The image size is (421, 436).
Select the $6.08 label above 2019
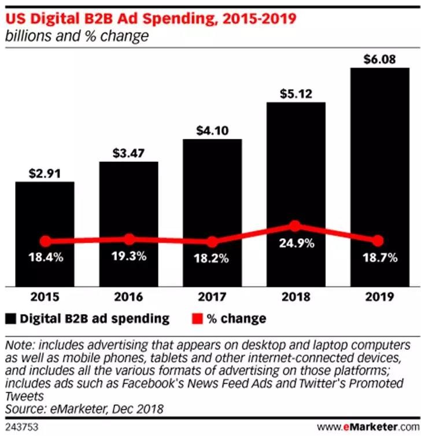pyautogui.click(x=380, y=59)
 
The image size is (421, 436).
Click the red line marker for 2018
pyautogui.click(x=295, y=226)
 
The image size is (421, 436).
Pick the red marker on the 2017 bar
pyautogui.click(x=212, y=242)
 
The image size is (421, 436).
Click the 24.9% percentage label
pyautogui.click(x=296, y=243)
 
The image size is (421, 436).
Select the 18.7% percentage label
pyautogui.click(x=380, y=258)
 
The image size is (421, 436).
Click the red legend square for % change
pyautogui.click(x=197, y=319)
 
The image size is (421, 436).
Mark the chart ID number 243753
pyautogui.click(x=19, y=428)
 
